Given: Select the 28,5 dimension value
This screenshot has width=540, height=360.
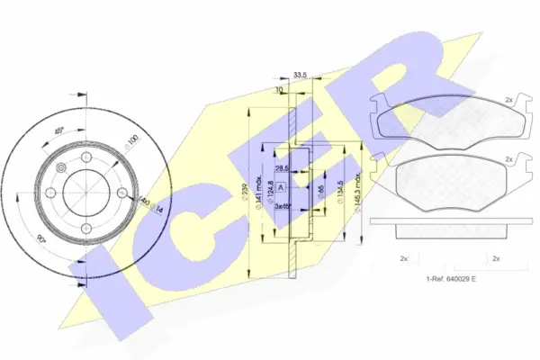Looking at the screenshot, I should tap(281, 168).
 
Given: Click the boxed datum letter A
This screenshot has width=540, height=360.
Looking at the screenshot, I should tap(282, 187).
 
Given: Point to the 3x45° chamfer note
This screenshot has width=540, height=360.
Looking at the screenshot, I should tap(282, 206).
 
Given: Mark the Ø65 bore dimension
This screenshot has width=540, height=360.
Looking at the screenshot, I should tap(322, 191).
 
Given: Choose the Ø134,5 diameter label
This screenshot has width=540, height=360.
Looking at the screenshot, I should tap(339, 191).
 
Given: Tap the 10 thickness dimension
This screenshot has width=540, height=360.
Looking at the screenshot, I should tap(281, 90).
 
